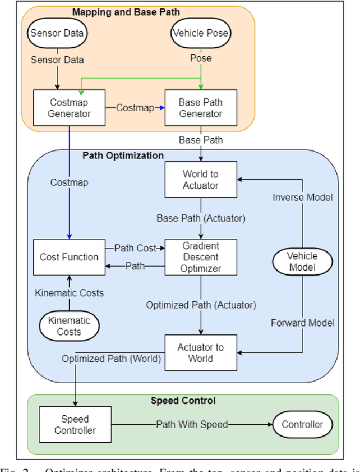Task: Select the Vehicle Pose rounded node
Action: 200,33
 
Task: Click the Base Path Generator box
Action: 200,107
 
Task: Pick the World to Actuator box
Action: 200,180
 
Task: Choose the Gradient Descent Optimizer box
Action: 200,257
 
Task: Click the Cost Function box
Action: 69,257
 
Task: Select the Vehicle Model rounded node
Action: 303,262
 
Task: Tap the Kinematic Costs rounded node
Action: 69,326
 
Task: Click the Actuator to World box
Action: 200,352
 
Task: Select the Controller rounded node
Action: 303,425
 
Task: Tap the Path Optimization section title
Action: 123,156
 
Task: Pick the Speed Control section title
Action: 183,401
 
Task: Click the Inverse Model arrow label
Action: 303,197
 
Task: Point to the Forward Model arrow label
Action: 303,323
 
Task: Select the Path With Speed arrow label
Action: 191,425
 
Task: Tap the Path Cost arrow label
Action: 135,247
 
